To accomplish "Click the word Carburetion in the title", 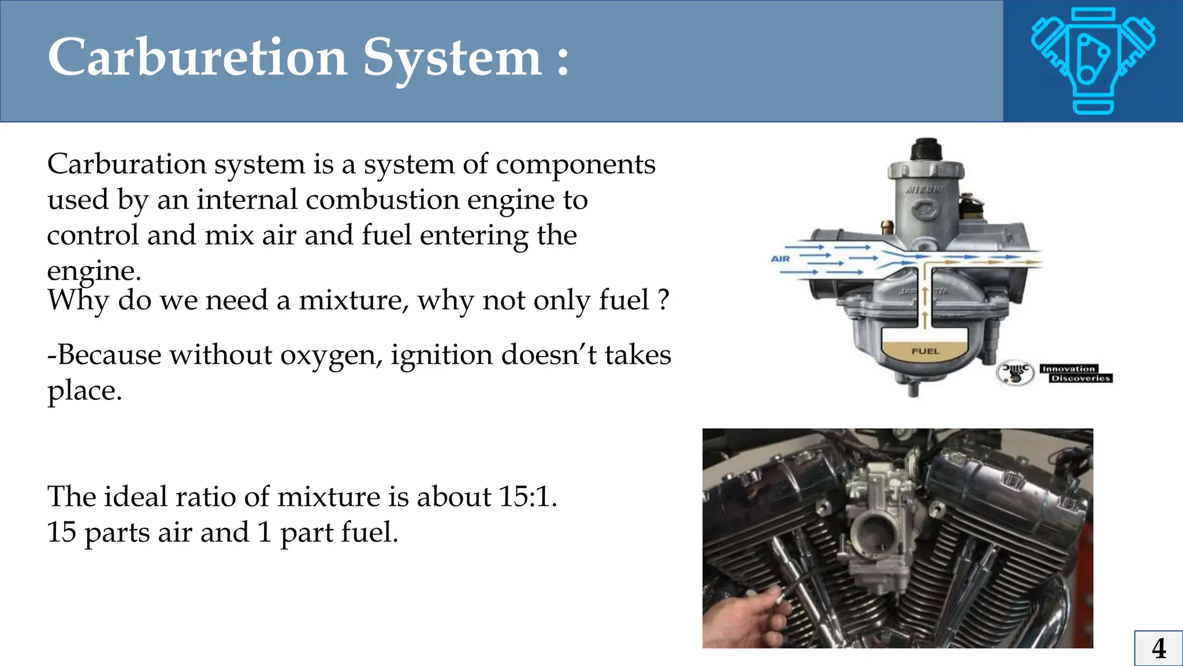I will pos(197,57).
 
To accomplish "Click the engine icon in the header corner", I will pos(1093,60).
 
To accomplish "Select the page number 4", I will pos(1158,648).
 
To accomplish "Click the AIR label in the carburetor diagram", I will pos(780,258).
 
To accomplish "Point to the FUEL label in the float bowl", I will pos(925,351).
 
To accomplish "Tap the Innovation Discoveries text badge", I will pos(1076,373).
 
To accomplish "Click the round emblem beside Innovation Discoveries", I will pos(1015,373).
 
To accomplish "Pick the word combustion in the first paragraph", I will pos(382,200).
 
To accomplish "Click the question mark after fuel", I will pos(663,300).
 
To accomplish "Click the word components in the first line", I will pos(575,165).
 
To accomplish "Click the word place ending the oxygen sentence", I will pos(84,391).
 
